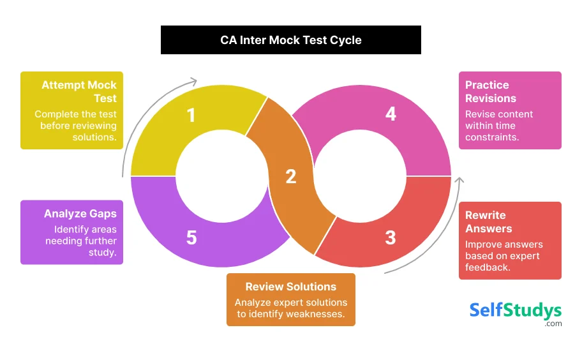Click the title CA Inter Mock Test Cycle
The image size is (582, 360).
[x=291, y=40]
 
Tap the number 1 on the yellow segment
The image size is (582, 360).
[x=191, y=116]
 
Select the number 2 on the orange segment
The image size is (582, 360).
[x=291, y=176]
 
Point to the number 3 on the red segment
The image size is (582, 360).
[x=391, y=238]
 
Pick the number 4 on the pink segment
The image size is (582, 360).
[x=391, y=114]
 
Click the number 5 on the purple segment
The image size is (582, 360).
[x=191, y=238]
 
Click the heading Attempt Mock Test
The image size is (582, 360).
[x=79, y=91]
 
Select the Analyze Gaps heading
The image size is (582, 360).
[x=80, y=214]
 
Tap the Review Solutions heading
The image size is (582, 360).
[x=291, y=287]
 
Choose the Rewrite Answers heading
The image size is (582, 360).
[x=486, y=221]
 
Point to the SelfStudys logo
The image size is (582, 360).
[x=516, y=310]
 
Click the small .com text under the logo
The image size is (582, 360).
[x=553, y=324]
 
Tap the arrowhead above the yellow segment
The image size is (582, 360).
[x=193, y=81]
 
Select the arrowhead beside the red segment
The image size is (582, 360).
[x=459, y=182]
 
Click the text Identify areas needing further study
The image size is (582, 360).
[x=80, y=241]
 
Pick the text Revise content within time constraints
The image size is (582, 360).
[x=499, y=126]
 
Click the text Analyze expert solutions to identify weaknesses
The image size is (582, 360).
[x=291, y=308]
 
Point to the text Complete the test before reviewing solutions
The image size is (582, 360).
[x=75, y=126]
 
